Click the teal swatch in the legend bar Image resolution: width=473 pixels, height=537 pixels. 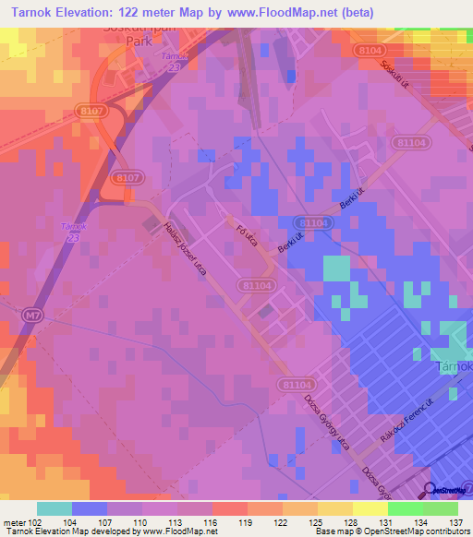click(55, 508)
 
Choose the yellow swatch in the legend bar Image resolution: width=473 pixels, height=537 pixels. click(370, 508)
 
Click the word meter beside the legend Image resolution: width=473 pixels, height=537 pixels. click(13, 522)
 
